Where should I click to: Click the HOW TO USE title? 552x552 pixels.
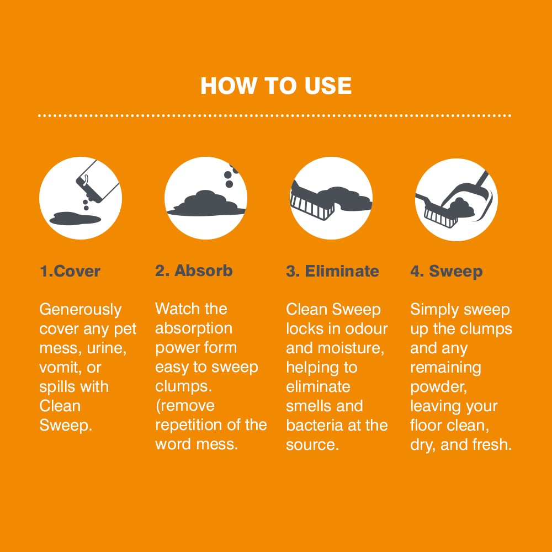[x=276, y=86]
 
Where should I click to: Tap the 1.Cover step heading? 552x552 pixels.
[x=70, y=272]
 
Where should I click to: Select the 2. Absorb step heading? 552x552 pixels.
[x=194, y=271]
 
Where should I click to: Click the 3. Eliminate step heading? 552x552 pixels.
[x=332, y=272]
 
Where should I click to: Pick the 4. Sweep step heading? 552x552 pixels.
[x=446, y=272]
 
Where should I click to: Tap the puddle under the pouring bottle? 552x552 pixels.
[x=75, y=219]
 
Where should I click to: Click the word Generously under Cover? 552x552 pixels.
[x=81, y=310]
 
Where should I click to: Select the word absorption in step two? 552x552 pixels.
[x=193, y=329]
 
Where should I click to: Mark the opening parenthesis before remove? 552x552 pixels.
[x=158, y=406]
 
